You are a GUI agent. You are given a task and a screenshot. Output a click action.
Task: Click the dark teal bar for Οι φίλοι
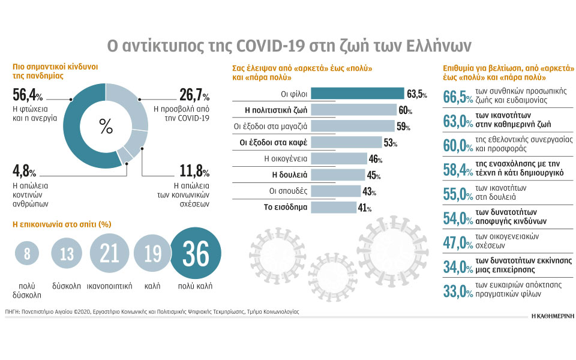pyautogui.click(x=358, y=94)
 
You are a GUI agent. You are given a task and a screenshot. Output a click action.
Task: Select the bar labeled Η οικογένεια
pyautogui.click(x=339, y=158)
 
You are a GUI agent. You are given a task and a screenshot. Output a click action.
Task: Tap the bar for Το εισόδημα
pyautogui.click(x=334, y=207)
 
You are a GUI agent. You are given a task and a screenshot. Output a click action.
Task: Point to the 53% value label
pyautogui.click(x=390, y=143)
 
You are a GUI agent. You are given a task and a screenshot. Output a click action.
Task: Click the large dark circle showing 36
pyautogui.click(x=196, y=253)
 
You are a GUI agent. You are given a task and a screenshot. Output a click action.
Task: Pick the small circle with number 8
pyautogui.click(x=27, y=253)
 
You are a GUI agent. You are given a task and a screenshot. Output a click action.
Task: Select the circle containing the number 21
pyautogui.click(x=109, y=253)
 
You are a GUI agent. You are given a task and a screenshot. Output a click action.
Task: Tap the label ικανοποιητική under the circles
pyautogui.click(x=109, y=286)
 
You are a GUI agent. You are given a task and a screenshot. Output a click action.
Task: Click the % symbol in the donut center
pyautogui.click(x=106, y=127)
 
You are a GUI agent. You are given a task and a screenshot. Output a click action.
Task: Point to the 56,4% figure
pyautogui.click(x=28, y=95)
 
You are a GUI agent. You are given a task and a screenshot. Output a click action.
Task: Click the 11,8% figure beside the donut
pyautogui.click(x=194, y=171)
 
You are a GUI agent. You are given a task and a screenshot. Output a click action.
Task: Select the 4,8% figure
pyautogui.click(x=24, y=171)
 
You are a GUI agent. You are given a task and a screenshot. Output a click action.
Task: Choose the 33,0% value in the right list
pyautogui.click(x=458, y=292)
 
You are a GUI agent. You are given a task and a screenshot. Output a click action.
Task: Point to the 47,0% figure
pyautogui.click(x=458, y=243)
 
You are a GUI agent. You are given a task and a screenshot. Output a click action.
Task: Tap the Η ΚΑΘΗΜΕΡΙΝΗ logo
pyautogui.click(x=553, y=316)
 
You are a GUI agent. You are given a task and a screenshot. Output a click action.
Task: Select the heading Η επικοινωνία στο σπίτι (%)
pyautogui.click(x=62, y=224)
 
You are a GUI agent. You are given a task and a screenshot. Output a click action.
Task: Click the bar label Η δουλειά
pyautogui.click(x=289, y=175)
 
